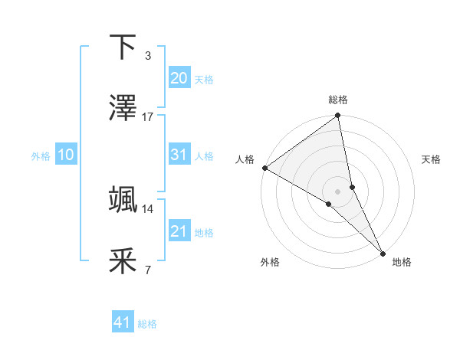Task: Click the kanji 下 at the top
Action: tap(123, 47)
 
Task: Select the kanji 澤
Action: tap(123, 109)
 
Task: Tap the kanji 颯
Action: tap(123, 201)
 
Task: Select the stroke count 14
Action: tap(148, 208)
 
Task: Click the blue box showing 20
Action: tap(179, 78)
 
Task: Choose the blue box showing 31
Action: tap(179, 155)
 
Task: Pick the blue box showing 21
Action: tap(179, 231)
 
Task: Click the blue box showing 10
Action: tap(66, 155)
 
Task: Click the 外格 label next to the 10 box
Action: tap(41, 155)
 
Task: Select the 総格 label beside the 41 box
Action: tap(147, 324)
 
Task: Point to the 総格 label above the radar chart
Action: tap(338, 100)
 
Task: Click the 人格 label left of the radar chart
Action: tap(245, 159)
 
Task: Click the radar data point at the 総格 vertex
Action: tap(338, 116)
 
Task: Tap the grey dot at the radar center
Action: tap(338, 191)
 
